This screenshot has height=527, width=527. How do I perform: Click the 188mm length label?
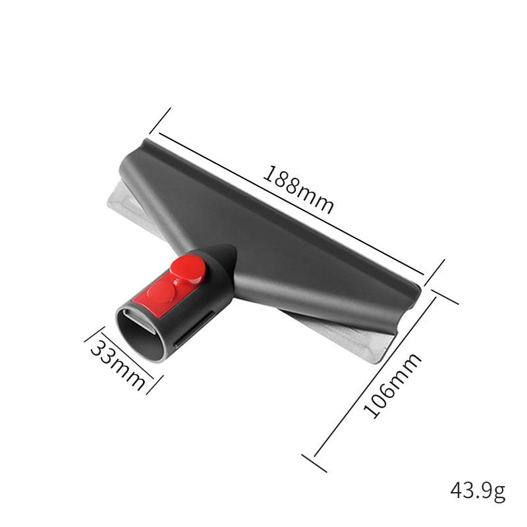point(298,188)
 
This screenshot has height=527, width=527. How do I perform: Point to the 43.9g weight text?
point(478,491)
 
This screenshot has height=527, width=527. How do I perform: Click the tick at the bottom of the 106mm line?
point(314,462)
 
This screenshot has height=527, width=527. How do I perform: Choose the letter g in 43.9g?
point(499,493)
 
